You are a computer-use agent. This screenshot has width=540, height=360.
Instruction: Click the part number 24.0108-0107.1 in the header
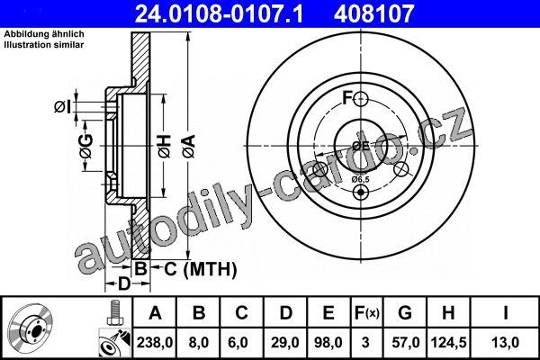click(219, 13)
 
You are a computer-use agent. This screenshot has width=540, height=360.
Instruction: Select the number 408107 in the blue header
click(373, 13)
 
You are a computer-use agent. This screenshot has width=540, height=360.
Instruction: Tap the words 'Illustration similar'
click(44, 44)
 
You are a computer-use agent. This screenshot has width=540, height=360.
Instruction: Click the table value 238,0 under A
click(155, 342)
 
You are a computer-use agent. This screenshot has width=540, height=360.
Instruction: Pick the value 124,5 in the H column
click(448, 342)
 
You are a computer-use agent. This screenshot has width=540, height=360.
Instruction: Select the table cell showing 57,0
click(405, 342)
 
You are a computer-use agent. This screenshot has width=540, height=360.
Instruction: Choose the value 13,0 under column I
click(505, 342)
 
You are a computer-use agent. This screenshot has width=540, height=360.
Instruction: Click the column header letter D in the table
click(285, 313)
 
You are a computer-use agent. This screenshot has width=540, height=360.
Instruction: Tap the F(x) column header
click(366, 313)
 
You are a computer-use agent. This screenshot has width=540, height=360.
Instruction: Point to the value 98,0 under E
click(328, 342)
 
